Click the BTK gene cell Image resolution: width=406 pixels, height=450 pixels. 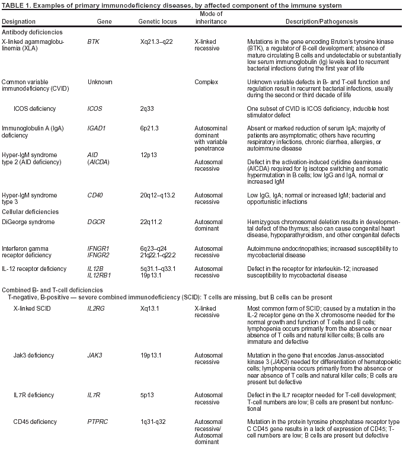tap(93, 43)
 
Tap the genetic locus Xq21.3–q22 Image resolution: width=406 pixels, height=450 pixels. tap(158, 43)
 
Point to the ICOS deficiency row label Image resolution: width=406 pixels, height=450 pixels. tap(40, 109)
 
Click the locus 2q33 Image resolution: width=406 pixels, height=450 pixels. tap(147, 109)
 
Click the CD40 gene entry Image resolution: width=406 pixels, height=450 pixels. tap(95, 194)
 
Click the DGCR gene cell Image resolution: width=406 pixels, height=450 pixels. tap(96, 222)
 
